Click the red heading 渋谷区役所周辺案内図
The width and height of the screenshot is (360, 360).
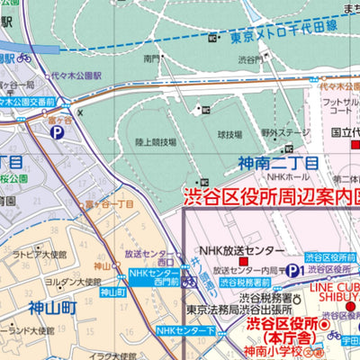coord(270,195)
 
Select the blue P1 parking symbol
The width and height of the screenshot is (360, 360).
coord(292,270)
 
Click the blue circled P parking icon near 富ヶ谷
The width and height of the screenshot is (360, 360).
coord(57,132)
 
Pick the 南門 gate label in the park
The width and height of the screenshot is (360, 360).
coord(150,58)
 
